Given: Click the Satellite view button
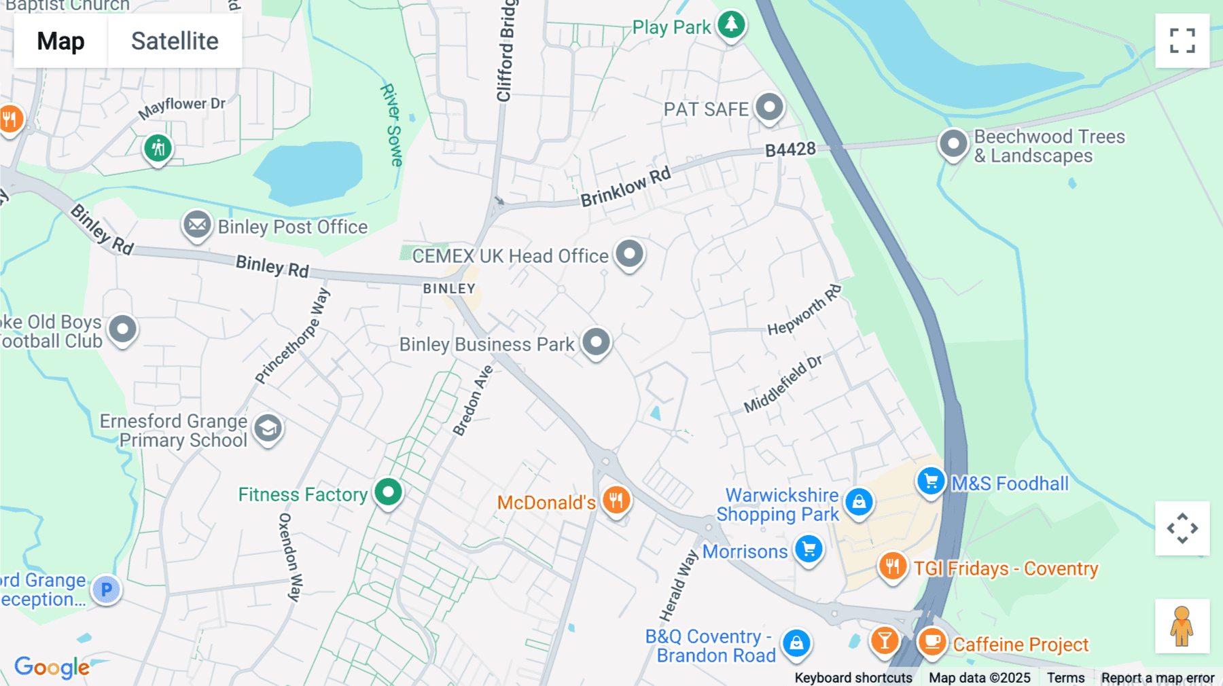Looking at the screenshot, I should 175,41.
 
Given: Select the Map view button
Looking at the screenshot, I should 60,41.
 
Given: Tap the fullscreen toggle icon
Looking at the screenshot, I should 1182,41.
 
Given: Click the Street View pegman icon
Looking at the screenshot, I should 1182,626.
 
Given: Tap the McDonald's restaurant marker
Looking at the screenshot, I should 616,501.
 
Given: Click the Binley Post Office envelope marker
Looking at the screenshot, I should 197,224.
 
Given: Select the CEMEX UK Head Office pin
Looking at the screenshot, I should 629,254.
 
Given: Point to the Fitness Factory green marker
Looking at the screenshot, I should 388,492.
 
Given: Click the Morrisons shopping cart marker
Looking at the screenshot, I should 809,549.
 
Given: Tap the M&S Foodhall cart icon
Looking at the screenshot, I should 931,482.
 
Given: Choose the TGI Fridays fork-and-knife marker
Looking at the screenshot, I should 892,566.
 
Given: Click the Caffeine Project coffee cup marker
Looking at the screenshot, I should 932,641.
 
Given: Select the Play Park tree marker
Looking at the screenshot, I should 731,24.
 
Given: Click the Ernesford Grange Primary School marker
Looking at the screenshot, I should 268,428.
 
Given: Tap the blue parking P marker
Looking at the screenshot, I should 107,589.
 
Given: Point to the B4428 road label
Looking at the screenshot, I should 790,149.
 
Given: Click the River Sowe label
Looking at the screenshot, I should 391,125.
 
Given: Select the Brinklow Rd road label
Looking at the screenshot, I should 625,186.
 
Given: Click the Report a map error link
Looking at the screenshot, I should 1157,677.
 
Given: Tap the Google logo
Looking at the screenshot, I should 52,667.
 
